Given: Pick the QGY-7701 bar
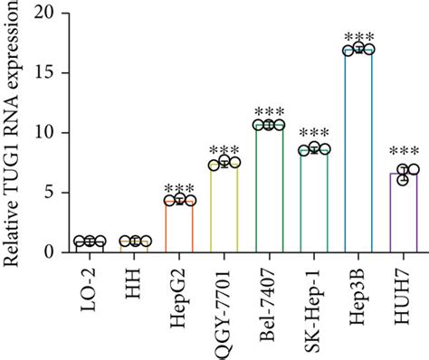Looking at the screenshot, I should click(224, 194).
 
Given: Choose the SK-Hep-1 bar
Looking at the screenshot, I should click(313, 187).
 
